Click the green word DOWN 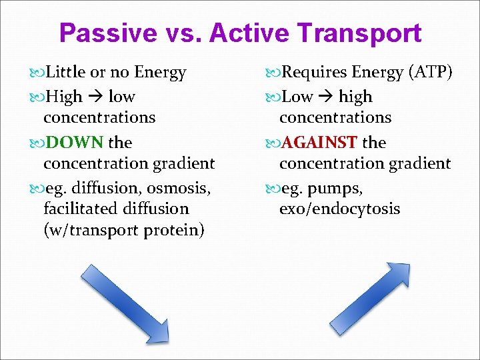[73, 143]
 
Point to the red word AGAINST [319, 143]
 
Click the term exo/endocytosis [339, 209]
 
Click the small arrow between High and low [94, 97]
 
